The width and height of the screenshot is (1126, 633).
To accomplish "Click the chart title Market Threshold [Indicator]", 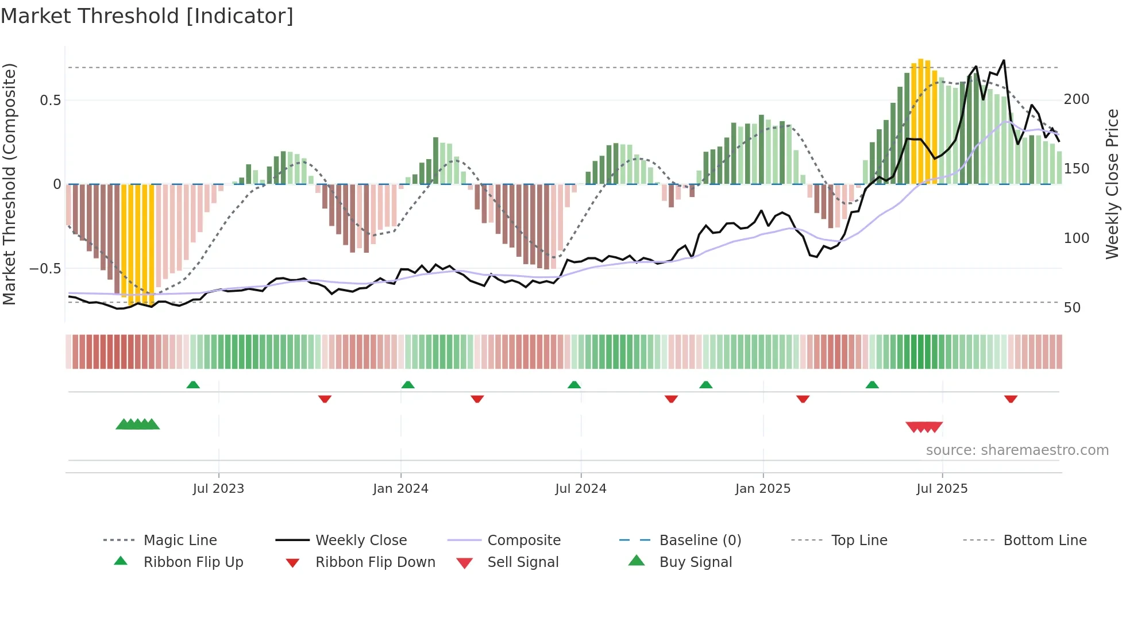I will coord(147,16).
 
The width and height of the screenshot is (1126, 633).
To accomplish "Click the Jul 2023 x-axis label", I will coord(218,489).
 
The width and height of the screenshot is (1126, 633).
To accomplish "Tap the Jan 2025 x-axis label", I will coord(763,489).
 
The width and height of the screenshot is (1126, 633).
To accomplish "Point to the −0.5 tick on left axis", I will coord(45,269).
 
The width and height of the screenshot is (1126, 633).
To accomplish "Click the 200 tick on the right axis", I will coord(1076,99).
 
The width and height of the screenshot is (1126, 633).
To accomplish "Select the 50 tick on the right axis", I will coord(1072,308).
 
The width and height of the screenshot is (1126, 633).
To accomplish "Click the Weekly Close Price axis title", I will coord(1112,184).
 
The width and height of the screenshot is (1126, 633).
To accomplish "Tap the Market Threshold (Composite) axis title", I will coord(9,184).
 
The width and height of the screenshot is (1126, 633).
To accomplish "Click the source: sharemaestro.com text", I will coord(1017,450).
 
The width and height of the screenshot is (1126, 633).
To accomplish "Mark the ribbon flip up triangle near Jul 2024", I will coord(574,385).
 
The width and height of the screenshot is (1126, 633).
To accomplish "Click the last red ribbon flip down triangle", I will coord(1011,399).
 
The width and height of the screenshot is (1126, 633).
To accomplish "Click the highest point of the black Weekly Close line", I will coord(1004,60).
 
